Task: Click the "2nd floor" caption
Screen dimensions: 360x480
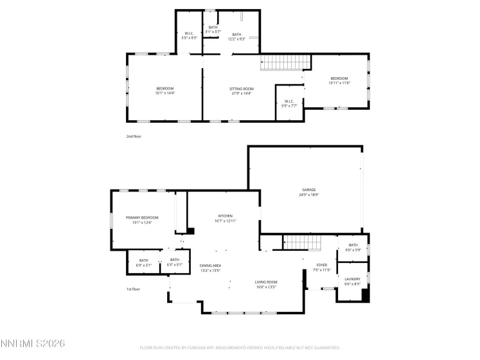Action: [x=133, y=136]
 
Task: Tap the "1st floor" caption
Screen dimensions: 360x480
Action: [x=133, y=289]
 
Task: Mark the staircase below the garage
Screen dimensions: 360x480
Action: [x=301, y=243]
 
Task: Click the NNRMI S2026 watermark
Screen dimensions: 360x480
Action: [x=33, y=345]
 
